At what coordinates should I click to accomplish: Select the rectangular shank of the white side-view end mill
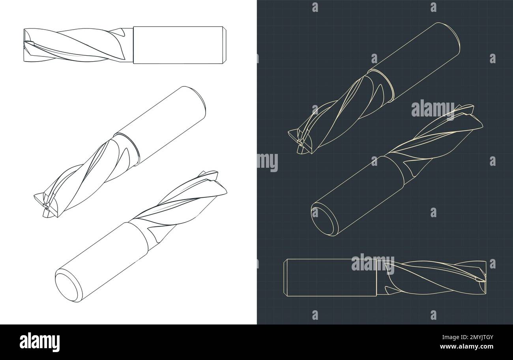(178, 45)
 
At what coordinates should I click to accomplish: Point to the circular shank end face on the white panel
(67, 285)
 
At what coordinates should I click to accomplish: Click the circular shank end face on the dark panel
(324, 219)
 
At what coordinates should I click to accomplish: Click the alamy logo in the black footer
(40, 342)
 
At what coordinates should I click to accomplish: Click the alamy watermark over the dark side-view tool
(373, 264)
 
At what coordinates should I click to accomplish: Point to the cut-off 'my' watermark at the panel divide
(268, 162)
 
